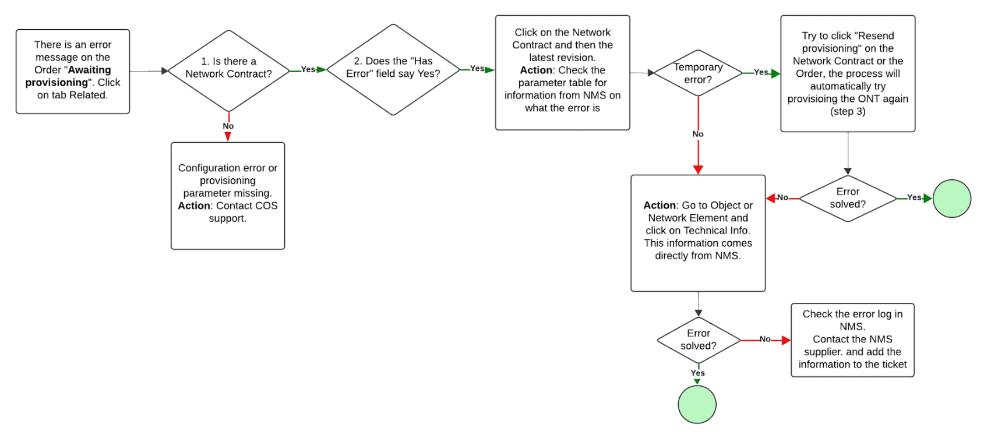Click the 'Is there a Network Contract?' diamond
[228, 70]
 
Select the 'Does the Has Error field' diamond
[393, 69]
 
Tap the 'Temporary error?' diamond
[698, 73]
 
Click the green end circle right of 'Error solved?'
[951, 199]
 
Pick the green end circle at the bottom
[697, 404]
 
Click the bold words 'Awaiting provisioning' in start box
[68, 76]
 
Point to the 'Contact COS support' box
[228, 196]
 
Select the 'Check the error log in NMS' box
[852, 339]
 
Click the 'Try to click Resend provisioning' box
[848, 73]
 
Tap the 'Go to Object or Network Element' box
[698, 232]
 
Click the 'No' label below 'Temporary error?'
[698, 134]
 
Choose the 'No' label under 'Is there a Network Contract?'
[228, 126]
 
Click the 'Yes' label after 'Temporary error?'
[761, 72]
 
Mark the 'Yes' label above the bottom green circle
[697, 373]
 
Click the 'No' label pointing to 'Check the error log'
[765, 339]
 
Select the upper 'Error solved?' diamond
[848, 199]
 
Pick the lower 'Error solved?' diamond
[698, 339]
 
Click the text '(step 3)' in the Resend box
[848, 112]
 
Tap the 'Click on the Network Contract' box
[562, 72]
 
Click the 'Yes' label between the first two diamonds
[308, 69]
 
